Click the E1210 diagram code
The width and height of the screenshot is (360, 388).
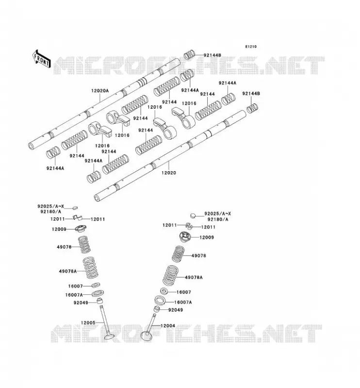coord(251,47)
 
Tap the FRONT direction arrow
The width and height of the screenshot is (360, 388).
coord(42,59)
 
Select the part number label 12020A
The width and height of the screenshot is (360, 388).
coord(100,91)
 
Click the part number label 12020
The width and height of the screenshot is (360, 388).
coord(169,173)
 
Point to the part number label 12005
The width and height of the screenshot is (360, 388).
coord(88,323)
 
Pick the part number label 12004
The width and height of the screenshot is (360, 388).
coord(167,325)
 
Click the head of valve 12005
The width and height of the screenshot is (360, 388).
coord(109,337)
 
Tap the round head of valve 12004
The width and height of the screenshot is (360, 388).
coord(147,336)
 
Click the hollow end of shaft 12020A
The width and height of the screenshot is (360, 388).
coord(32,146)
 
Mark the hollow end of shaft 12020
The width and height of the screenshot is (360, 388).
coord(97,198)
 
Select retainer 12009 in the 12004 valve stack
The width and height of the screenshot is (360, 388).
coord(185,236)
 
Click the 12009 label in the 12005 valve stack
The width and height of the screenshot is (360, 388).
coord(59,229)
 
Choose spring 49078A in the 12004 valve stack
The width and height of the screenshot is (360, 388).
coord(171,275)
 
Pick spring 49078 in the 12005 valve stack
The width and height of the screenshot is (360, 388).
coord(84,244)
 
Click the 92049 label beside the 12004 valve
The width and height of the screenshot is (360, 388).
coord(176,310)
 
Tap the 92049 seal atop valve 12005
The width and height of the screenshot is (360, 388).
coord(99,301)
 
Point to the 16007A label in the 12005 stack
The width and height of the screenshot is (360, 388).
coord(74,295)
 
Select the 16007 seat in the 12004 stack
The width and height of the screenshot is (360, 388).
coord(164,291)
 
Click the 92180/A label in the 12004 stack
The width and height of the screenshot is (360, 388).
coord(218,220)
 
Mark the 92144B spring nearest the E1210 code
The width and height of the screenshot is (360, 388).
coord(190,54)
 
